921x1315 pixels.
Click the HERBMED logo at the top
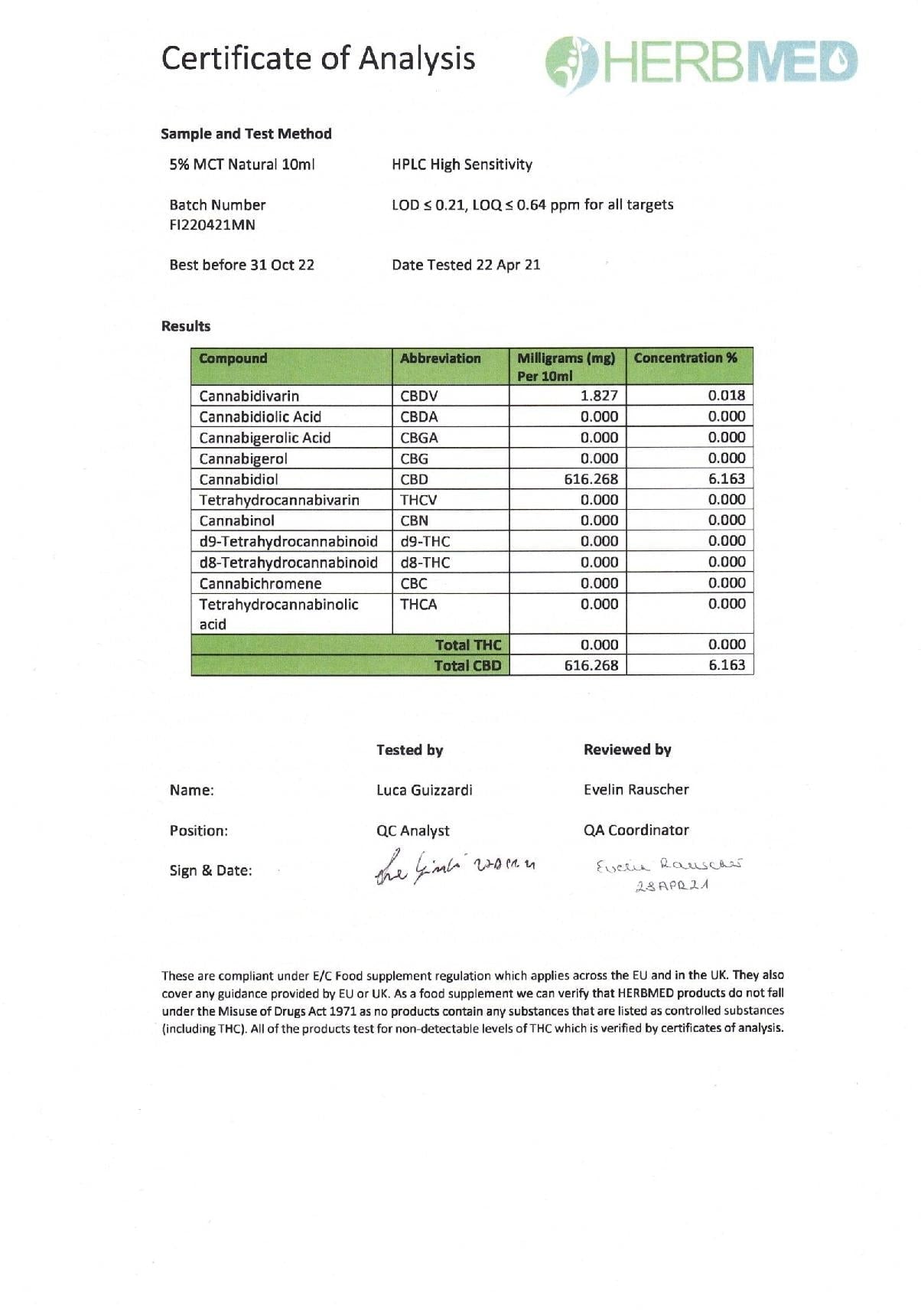tap(701, 61)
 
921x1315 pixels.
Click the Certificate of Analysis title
tap(318, 59)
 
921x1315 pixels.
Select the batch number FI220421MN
tap(212, 225)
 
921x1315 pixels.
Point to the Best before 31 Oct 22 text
tap(242, 265)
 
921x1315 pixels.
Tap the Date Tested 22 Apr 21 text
tap(466, 265)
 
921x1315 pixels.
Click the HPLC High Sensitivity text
tap(462, 165)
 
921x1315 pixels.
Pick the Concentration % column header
tap(685, 358)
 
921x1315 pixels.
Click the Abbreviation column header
tap(441, 358)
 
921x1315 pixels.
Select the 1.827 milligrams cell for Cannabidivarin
tap(599, 396)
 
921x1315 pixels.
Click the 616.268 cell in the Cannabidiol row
tap(591, 479)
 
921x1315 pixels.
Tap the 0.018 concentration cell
tap(726, 396)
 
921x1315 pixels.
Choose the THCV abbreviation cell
tap(418, 500)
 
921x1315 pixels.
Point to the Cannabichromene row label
tap(260, 583)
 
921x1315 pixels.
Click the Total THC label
tap(468, 645)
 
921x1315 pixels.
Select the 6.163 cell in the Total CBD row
tap(726, 665)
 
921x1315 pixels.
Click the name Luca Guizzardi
tap(425, 790)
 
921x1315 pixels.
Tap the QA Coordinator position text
tap(636, 830)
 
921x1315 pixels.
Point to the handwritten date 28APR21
tap(672, 886)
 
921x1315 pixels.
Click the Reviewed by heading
tap(627, 750)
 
